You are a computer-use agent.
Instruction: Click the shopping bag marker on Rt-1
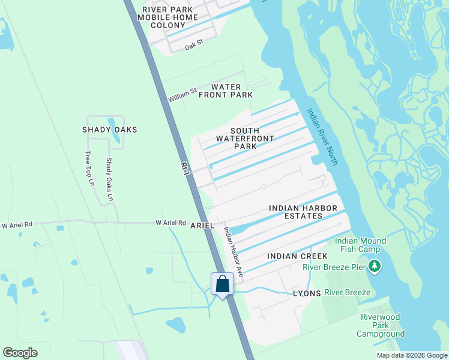222,284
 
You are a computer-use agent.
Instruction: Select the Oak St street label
194,45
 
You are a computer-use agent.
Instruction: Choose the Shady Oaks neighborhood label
110,130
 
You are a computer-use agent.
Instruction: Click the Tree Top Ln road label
90,168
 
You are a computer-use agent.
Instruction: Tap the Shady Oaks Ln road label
109,179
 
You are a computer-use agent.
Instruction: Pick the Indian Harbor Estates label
303,212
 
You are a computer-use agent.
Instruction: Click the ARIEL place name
202,225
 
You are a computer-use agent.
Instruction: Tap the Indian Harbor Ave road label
233,251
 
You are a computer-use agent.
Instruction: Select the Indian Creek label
291,256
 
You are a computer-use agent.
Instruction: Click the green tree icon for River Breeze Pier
375,265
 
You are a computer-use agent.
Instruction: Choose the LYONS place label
307,293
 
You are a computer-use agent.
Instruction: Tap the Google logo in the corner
20,353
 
